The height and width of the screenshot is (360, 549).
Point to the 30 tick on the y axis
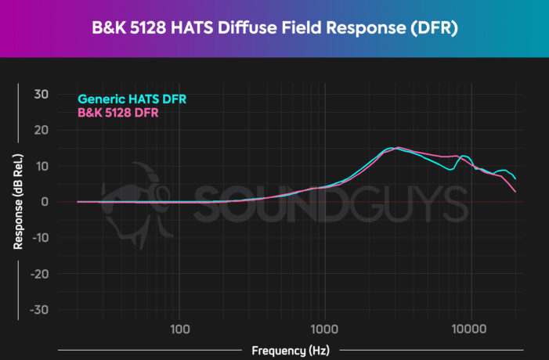click(x=42, y=94)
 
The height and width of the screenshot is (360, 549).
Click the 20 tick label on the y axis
click(x=42, y=130)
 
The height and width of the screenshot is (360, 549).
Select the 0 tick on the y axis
click(x=45, y=202)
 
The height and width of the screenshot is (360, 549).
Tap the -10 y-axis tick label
click(x=39, y=238)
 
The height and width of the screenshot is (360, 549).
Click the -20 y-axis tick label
click(x=39, y=274)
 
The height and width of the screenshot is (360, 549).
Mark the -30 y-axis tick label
click(x=39, y=310)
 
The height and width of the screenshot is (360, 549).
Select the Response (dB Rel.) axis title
click(x=16, y=202)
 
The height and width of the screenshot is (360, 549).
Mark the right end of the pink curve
click(x=515, y=192)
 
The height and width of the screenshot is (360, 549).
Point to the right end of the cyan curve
click(x=515, y=178)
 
